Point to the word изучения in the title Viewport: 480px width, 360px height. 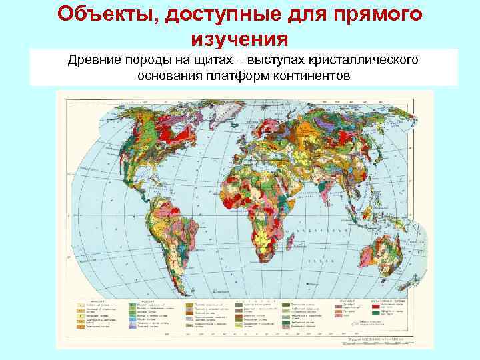point(239,39)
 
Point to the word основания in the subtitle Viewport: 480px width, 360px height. point(166,76)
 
